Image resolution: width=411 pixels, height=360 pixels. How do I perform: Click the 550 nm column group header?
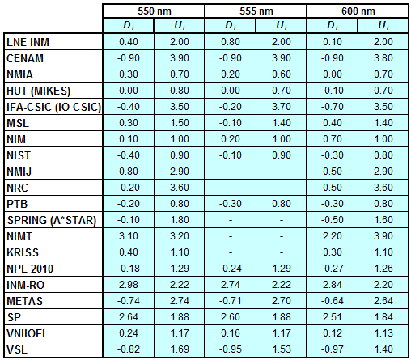pyautogui.click(x=155, y=11)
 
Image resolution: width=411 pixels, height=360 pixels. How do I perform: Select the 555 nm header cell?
pyautogui.click(x=256, y=11)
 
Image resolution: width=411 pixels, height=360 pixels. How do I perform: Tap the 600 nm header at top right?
pyautogui.click(x=358, y=11)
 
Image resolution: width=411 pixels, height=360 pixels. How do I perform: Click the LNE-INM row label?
pyautogui.click(x=28, y=42)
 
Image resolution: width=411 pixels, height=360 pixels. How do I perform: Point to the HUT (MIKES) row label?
pyautogui.click(x=39, y=91)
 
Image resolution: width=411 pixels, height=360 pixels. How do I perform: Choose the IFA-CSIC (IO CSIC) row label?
pyautogui.click(x=53, y=107)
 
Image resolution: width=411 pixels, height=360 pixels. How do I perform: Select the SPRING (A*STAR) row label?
pyautogui.click(x=52, y=220)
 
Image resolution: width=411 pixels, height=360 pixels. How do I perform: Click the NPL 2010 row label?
pyautogui.click(x=30, y=269)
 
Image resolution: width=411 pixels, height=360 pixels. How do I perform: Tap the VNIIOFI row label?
pyautogui.click(x=26, y=333)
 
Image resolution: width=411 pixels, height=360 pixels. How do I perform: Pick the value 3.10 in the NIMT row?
pyautogui.click(x=129, y=236)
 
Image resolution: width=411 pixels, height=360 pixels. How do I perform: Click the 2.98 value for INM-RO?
pyautogui.click(x=129, y=285)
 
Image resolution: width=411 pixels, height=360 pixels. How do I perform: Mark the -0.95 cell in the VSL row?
pyautogui.click(x=231, y=349)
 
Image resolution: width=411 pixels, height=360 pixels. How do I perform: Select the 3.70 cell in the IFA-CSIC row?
pyautogui.click(x=282, y=107)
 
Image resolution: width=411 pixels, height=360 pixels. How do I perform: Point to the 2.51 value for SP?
pyautogui.click(x=333, y=317)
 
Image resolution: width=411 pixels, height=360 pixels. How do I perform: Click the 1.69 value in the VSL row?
pyautogui.click(x=180, y=349)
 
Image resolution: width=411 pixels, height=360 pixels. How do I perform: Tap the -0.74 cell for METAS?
pyautogui.click(x=129, y=301)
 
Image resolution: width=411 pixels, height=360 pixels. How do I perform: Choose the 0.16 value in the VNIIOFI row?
pyautogui.click(x=231, y=333)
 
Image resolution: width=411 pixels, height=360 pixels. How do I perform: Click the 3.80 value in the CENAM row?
pyautogui.click(x=383, y=58)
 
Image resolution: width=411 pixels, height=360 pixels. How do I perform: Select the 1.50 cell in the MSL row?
pyautogui.click(x=180, y=123)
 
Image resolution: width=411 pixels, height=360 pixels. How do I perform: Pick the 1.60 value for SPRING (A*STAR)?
pyautogui.click(x=383, y=220)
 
